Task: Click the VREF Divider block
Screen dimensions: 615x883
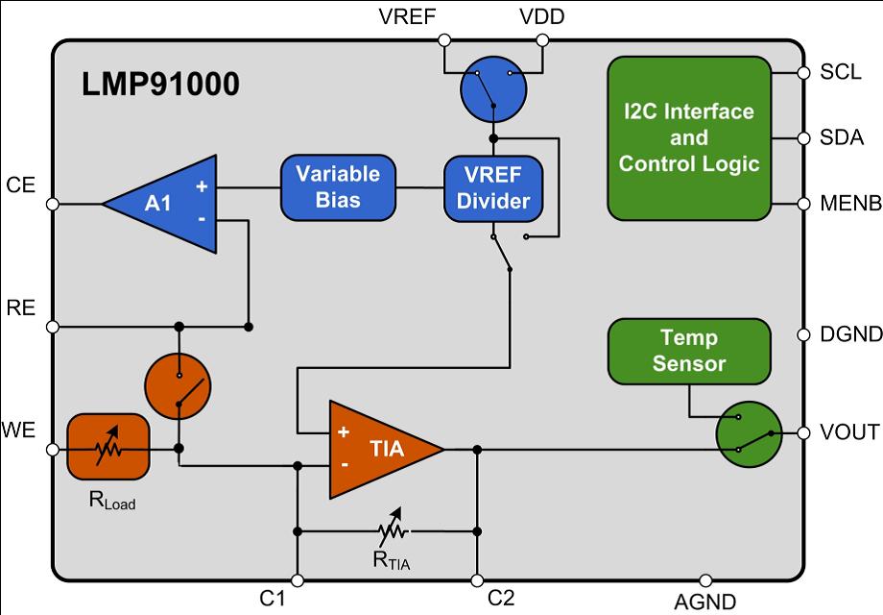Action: point(493,188)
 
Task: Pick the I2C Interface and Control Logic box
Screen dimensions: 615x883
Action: point(688,137)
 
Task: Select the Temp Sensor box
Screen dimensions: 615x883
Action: point(688,351)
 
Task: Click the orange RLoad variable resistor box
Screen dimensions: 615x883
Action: point(107,448)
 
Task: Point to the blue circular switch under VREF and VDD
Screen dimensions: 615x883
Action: point(492,87)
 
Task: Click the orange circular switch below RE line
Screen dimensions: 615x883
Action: point(178,386)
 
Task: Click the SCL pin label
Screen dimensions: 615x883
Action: point(841,73)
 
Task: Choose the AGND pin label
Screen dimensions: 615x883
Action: point(704,603)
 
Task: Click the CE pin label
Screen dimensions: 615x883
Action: point(20,184)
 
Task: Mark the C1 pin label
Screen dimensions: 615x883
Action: point(274,599)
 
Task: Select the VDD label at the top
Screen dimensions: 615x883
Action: point(541,16)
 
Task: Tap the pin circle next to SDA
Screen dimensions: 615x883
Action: point(803,138)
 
